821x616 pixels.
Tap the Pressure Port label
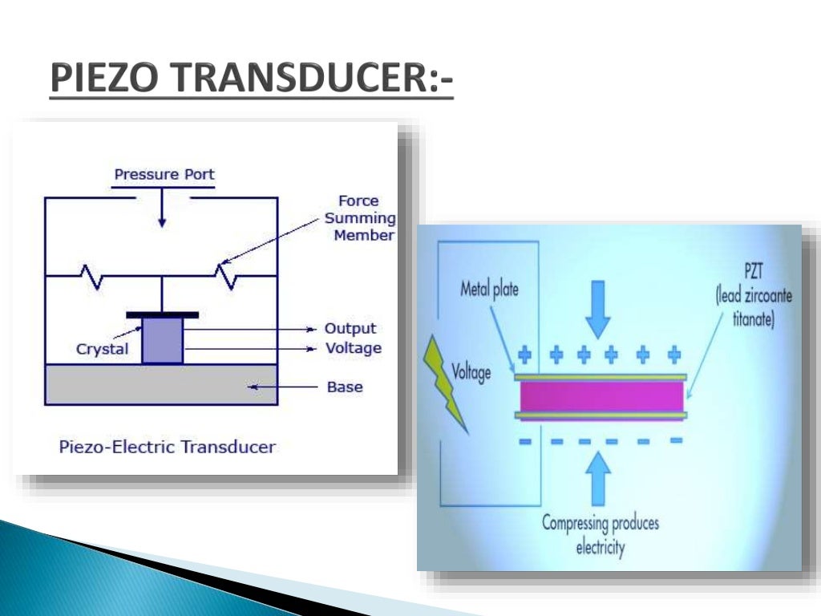[164, 174]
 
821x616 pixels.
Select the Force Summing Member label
[359, 218]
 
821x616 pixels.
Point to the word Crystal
[102, 350]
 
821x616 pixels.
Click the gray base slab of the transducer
[160, 384]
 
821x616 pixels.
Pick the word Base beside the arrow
[345, 387]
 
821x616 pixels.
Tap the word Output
[350, 329]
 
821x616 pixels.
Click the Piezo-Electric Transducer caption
[168, 447]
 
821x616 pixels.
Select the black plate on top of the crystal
[162, 315]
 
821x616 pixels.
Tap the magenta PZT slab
[601, 396]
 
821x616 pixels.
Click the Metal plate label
[489, 289]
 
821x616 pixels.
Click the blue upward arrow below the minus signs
[598, 478]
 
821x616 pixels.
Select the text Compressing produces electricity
[600, 536]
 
